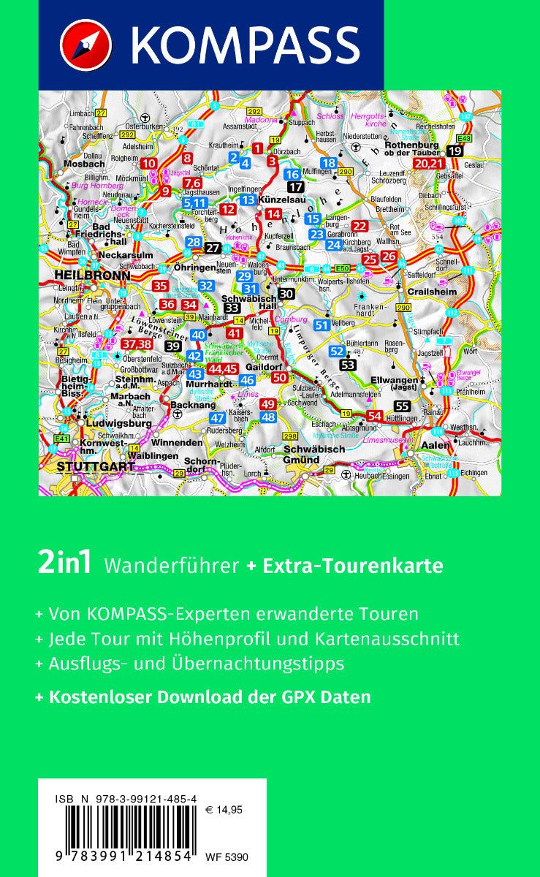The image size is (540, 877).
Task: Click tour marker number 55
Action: pos(401,407)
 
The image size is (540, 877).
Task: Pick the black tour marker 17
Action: pos(295,187)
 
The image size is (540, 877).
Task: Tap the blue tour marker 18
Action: pos(329,163)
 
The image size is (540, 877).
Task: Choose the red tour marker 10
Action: pos(149,164)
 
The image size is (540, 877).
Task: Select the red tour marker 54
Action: pos(375,416)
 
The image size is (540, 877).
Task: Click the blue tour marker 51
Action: pos(321,325)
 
